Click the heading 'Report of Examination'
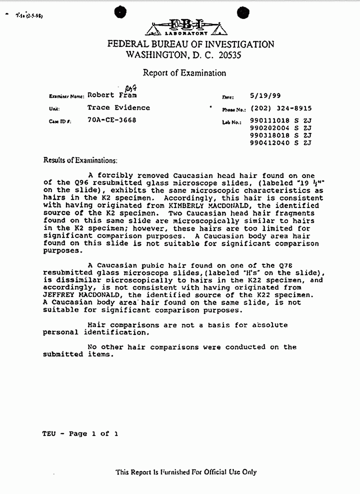tap(185, 73)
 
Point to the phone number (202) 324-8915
tap(281, 108)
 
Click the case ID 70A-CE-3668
tap(112, 120)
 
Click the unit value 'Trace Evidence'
tap(118, 108)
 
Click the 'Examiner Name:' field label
tap(67, 96)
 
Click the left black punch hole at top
tap(121, 13)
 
